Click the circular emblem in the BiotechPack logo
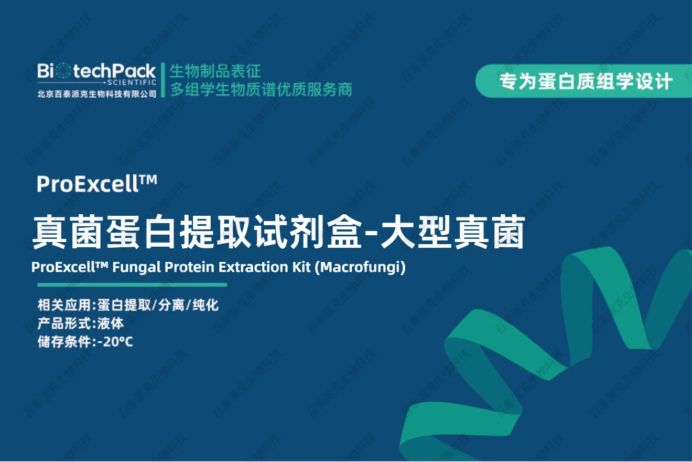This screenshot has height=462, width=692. [x=63, y=71]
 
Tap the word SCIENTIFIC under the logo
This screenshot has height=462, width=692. [x=132, y=82]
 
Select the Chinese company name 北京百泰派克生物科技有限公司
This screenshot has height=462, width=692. [x=97, y=94]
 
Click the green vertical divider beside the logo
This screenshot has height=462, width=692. [x=163, y=80]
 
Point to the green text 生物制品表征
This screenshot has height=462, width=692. [x=215, y=71]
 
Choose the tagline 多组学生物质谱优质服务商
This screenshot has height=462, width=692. [x=262, y=90]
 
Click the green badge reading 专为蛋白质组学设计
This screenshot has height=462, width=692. [x=583, y=81]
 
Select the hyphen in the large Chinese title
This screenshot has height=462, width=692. [x=371, y=233]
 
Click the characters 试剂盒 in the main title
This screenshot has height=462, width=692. [x=308, y=232]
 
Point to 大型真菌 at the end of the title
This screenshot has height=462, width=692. [x=453, y=232]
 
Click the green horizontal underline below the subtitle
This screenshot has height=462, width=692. [x=132, y=285]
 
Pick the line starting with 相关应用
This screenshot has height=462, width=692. [x=128, y=305]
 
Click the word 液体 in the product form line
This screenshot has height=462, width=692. [x=111, y=324]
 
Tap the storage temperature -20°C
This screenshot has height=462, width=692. [x=115, y=342]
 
